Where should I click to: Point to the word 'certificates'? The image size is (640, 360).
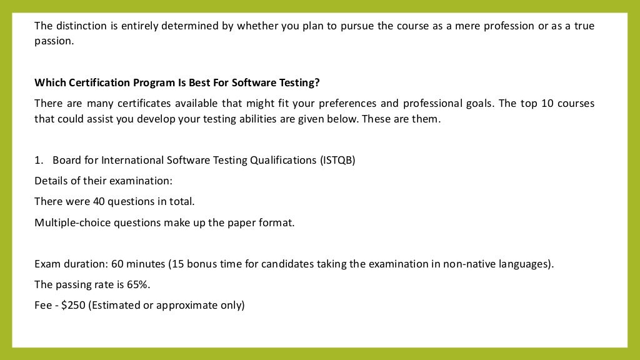(135, 103)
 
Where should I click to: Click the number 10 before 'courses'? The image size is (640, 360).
(547, 103)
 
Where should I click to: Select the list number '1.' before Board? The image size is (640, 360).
(39, 160)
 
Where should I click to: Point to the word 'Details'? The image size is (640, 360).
(51, 181)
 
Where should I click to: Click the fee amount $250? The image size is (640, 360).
(74, 305)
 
